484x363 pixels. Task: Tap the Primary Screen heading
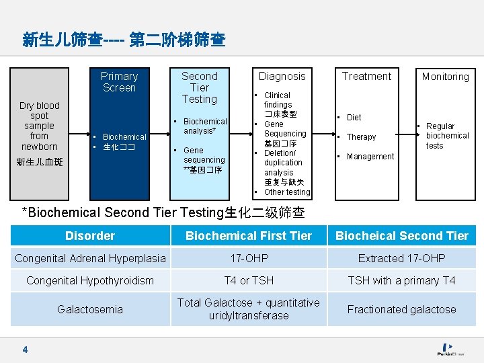119,82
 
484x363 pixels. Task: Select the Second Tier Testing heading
199,87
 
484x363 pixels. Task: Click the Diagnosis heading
282,77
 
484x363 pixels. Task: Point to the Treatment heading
366,77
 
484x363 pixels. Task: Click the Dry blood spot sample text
39,126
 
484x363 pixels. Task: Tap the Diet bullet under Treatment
354,118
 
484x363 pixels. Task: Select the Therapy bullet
361,137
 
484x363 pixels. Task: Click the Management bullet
370,157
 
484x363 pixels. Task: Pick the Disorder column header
90,236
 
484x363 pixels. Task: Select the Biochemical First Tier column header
249,236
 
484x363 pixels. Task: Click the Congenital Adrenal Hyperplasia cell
90,258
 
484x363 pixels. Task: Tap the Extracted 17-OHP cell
401,258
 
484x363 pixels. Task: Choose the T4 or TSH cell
249,280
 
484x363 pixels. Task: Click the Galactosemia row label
90,309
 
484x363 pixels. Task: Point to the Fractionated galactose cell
401,309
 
